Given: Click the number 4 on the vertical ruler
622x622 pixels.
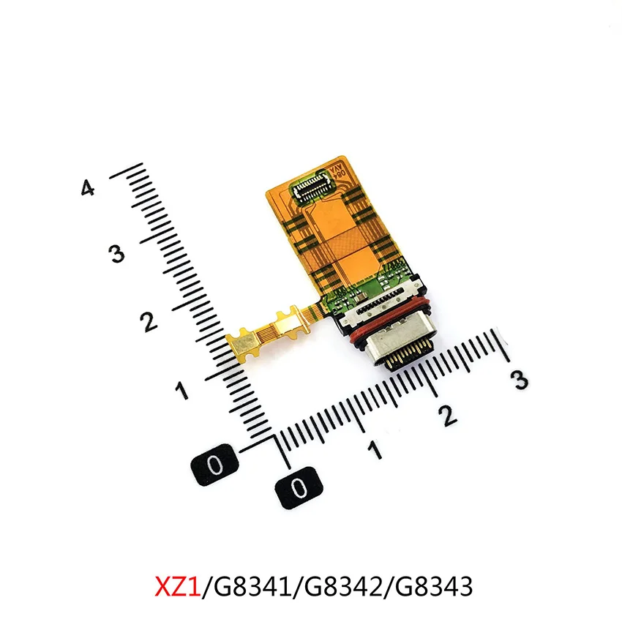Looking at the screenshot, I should [88, 189].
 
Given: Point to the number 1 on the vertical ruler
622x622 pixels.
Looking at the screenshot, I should [181, 389].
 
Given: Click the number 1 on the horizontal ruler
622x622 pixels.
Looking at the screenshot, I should [375, 449].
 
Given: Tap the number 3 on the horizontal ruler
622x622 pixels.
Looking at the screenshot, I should [519, 380].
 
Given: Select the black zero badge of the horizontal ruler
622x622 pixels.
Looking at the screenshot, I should [297, 486].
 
